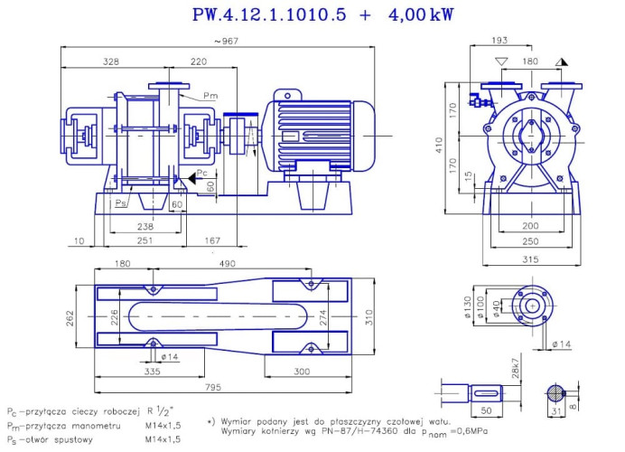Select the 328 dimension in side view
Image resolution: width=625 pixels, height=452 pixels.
[111, 61]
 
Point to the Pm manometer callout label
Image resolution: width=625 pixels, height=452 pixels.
[210, 96]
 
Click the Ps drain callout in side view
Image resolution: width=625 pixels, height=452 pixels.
[120, 203]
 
